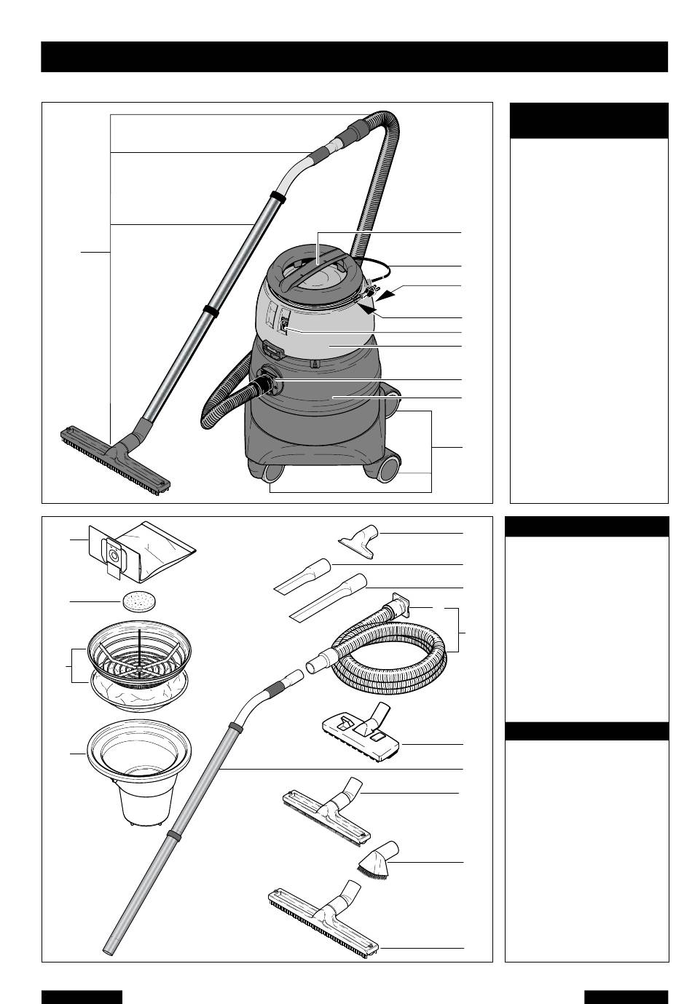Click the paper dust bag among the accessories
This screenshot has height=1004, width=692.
[x=138, y=553]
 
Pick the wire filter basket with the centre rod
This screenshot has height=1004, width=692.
[x=138, y=644]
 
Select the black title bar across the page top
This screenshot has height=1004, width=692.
[x=354, y=57]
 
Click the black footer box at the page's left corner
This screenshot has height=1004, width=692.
[x=81, y=996]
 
